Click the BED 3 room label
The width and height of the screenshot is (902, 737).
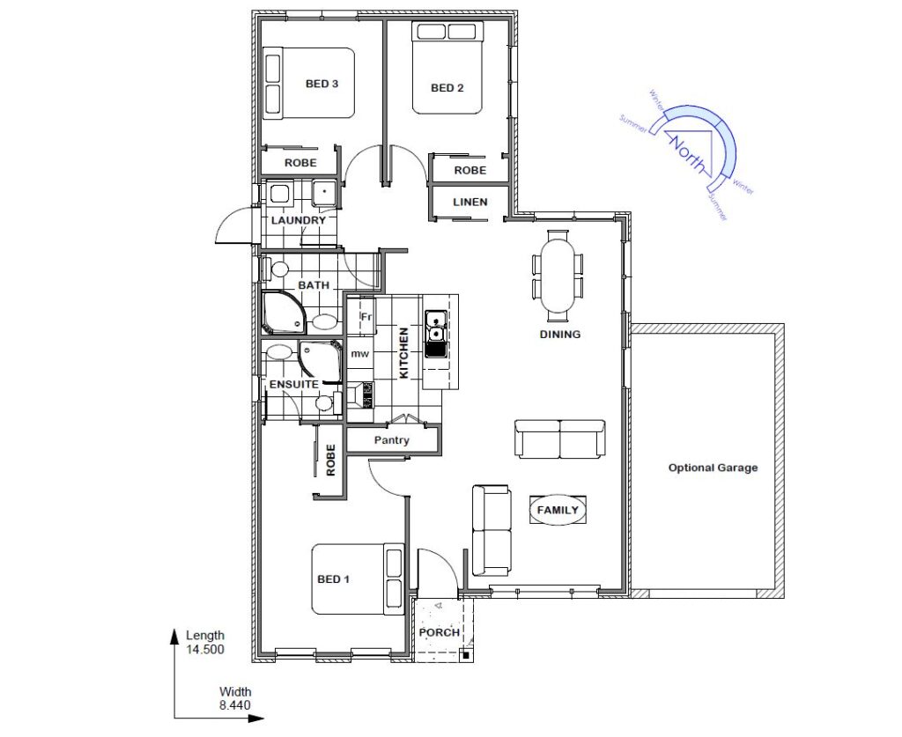(x=322, y=84)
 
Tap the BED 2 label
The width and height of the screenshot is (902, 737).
(x=447, y=88)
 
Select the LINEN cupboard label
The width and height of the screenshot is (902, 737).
(x=470, y=203)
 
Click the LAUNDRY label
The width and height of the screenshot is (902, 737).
(x=298, y=221)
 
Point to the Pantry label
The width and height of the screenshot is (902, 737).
(x=391, y=440)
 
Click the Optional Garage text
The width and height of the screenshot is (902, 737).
(x=713, y=468)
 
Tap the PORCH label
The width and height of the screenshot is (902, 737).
(x=440, y=633)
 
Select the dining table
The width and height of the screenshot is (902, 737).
(x=558, y=276)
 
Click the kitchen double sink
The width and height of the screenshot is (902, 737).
(x=436, y=334)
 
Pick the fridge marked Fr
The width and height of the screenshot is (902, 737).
(x=361, y=315)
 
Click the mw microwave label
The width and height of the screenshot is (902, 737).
(x=360, y=354)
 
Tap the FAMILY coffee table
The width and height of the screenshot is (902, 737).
(x=558, y=509)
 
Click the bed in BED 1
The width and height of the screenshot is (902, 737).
(x=358, y=579)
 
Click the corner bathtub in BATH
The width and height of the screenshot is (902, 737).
(x=284, y=313)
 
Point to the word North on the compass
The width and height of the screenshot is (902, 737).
(x=685, y=154)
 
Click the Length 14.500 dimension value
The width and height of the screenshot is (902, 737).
(x=204, y=650)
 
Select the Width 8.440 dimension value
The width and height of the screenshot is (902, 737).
(x=234, y=704)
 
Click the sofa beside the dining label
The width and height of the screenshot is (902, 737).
(x=559, y=439)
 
